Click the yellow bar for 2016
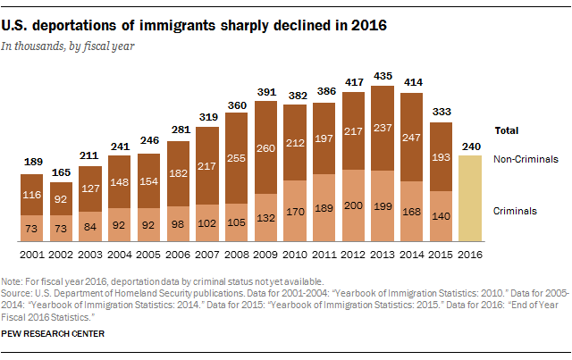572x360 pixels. click(472, 197)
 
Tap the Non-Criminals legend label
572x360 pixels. click(526, 159)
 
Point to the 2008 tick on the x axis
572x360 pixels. click(238, 252)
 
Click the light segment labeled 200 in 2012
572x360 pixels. click(353, 205)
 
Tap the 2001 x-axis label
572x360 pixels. click(33, 252)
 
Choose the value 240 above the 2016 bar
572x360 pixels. click(472, 147)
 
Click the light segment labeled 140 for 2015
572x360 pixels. click(441, 215)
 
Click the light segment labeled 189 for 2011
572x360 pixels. click(324, 207)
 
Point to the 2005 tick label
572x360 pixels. click(150, 252)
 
